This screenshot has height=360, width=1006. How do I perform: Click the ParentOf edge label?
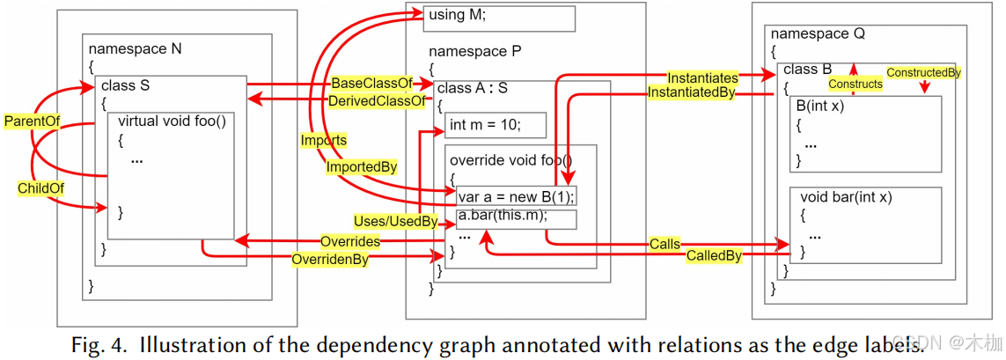click(x=32, y=121)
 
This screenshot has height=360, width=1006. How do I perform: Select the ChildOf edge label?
click(x=40, y=188)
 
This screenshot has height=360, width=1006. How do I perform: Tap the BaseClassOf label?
click(x=371, y=83)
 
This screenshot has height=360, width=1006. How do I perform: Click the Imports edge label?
click(x=324, y=140)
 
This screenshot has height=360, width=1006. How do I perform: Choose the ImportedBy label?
click(x=361, y=166)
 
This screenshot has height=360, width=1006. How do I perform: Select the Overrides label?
click(x=350, y=241)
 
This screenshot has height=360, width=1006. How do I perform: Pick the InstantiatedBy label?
click(x=691, y=92)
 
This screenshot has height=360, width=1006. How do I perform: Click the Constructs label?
click(x=855, y=84)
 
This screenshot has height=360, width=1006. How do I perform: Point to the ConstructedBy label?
click(x=923, y=72)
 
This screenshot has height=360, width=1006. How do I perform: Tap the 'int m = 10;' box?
click(x=495, y=126)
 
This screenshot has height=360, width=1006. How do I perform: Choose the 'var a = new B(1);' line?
click(x=516, y=196)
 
